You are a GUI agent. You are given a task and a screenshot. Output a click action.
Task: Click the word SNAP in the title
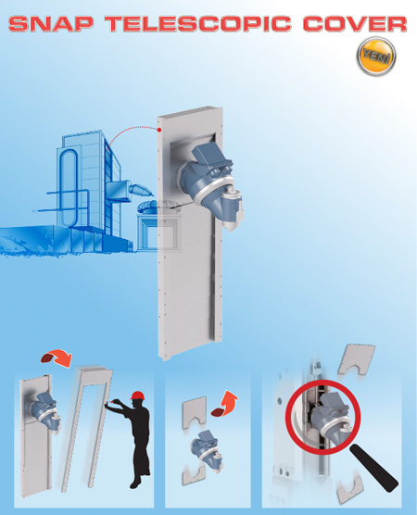pyautogui.click(x=51, y=24)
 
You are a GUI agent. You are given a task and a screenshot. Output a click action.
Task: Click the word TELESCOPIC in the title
pyautogui.click(x=198, y=24)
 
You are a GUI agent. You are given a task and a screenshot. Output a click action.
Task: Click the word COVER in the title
pyautogui.click(x=355, y=24)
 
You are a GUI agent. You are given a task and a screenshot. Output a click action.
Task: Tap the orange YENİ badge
pyautogui.click(x=376, y=57)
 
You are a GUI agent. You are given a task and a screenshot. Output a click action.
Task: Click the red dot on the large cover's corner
pyautogui.click(x=159, y=130)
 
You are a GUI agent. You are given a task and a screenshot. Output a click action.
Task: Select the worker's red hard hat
pyautogui.click(x=136, y=396)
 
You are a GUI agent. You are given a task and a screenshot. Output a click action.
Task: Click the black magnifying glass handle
pyautogui.click(x=374, y=468)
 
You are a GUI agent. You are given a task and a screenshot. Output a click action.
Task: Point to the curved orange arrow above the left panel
pyautogui.click(x=57, y=358)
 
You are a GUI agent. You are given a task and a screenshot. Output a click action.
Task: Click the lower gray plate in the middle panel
pyautogui.click(x=194, y=473)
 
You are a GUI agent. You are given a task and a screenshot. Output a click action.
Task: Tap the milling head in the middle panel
pyautogui.click(x=206, y=450)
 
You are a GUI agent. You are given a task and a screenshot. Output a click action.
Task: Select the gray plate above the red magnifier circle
pyautogui.click(x=357, y=360)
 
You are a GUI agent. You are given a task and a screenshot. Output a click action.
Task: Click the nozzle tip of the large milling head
pyautogui.click(x=230, y=230)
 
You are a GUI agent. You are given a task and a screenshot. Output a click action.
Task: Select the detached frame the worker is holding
pyautogui.click(x=87, y=427)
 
